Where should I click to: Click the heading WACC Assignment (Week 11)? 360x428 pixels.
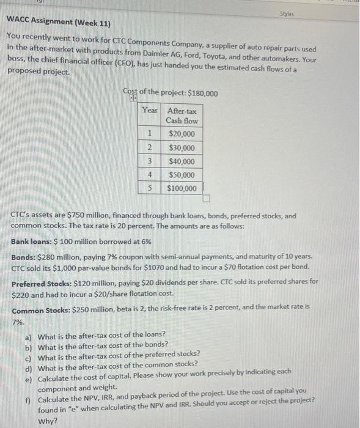tap(58, 23)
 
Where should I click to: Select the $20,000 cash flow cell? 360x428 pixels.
tap(182, 135)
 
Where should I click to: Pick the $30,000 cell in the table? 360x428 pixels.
tap(182, 148)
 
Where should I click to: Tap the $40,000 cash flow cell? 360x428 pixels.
tap(182, 161)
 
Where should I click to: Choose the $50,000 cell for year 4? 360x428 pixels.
tap(182, 175)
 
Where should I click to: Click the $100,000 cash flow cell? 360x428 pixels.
tap(182, 188)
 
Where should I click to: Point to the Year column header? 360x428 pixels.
tap(150, 111)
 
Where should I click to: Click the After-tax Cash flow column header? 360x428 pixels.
tap(182, 116)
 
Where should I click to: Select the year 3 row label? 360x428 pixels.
tap(150, 161)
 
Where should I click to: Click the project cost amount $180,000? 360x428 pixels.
tap(202, 93)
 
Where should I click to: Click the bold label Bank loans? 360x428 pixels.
tap(33, 242)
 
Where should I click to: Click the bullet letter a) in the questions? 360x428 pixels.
tap(29, 336)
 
